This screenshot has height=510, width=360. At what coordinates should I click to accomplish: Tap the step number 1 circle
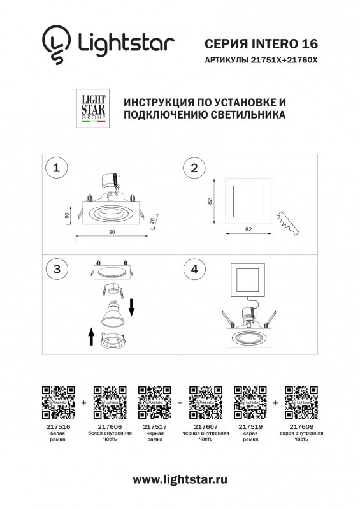58,168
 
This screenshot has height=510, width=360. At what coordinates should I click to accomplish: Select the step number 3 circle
58,270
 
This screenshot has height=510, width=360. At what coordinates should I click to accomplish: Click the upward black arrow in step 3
91,336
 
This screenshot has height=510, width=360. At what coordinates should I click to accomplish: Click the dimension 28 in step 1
152,221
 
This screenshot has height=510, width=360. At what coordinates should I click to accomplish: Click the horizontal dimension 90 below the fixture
112,231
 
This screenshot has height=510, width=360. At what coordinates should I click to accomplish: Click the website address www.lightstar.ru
180,479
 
